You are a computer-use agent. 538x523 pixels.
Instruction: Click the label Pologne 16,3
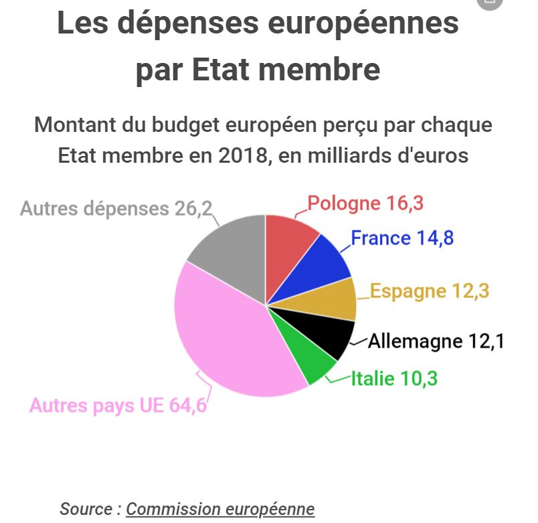coord(365,204)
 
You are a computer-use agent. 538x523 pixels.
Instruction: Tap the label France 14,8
coord(402,238)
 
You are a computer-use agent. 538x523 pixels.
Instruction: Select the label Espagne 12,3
coord(430,291)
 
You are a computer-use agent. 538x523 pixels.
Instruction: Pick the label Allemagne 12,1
coord(436,342)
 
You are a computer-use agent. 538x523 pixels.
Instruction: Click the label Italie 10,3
coord(394,378)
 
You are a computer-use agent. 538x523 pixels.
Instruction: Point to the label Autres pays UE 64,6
coord(118,406)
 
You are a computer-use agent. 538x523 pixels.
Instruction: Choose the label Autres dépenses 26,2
coord(116,208)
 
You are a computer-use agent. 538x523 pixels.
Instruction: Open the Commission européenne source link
coord(220,509)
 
